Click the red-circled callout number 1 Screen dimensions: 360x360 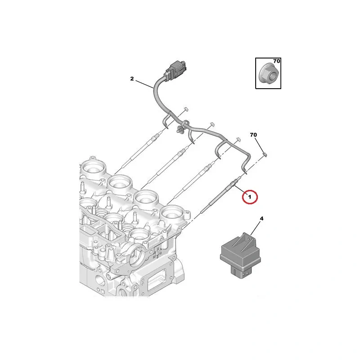coord(250,197)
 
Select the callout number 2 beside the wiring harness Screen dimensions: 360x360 coord(132,79)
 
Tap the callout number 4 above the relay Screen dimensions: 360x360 coord(261,219)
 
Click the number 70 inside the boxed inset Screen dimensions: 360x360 coord(276,61)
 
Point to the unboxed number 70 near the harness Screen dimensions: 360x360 coord(253,135)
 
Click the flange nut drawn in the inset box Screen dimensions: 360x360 coord(268,74)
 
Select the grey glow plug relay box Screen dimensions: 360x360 coord(240,256)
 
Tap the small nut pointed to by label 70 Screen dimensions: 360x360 coord(265,154)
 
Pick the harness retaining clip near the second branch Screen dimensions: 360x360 coord(181,128)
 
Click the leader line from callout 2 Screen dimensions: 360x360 coord(144,84)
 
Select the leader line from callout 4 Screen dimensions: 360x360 coord(256,229)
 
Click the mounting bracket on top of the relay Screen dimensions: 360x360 coord(245,241)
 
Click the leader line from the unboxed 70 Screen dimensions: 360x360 coord(259,145)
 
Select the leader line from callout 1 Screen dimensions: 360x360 coord(240,190)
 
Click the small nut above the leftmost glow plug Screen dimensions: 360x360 coord(186,108)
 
